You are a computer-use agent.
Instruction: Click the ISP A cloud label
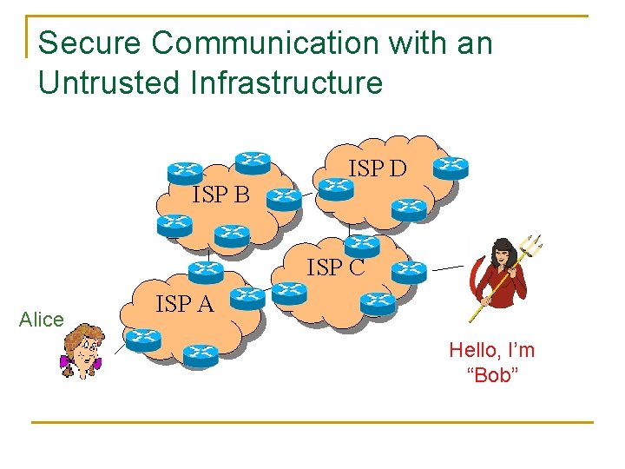tap(184, 304)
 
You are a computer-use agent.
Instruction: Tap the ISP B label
tap(220, 195)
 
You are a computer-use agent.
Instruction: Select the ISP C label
tap(335, 268)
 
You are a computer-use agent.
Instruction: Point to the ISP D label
tap(377, 168)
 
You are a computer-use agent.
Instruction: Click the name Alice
tap(41, 320)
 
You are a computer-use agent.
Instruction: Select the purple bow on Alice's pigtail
tap(66, 362)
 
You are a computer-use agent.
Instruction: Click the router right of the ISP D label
tap(450, 166)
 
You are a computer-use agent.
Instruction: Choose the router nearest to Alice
tap(142, 339)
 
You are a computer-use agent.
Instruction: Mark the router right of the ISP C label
tap(408, 273)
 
